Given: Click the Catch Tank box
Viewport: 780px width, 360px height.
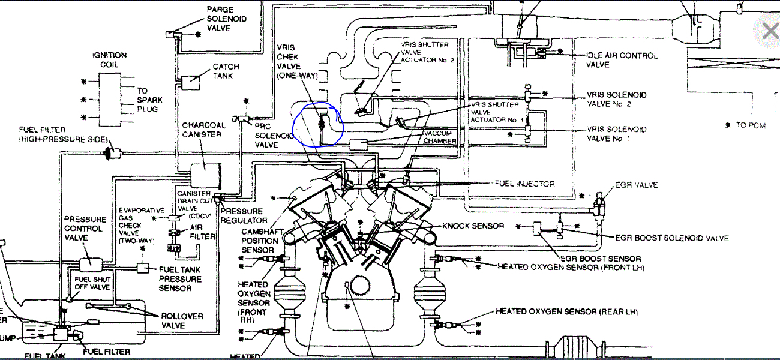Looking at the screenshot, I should (193, 80).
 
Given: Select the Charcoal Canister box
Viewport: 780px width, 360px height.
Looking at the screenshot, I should (204, 176).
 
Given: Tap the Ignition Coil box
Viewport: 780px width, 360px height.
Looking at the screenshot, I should (110, 99).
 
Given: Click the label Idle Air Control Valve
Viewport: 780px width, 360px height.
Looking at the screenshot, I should (622, 60).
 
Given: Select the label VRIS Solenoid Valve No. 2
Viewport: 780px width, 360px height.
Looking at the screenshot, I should (617, 100).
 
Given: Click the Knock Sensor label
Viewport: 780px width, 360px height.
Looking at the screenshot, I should (473, 226).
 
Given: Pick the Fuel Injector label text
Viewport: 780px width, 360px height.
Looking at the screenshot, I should (524, 184).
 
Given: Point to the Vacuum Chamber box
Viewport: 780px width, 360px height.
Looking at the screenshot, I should (361, 145).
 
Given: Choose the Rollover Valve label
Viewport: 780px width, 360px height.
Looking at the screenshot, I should (182, 321).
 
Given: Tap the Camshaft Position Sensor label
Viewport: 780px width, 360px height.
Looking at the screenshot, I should (259, 241).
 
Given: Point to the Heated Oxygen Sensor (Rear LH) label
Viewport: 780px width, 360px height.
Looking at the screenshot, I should (566, 312).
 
